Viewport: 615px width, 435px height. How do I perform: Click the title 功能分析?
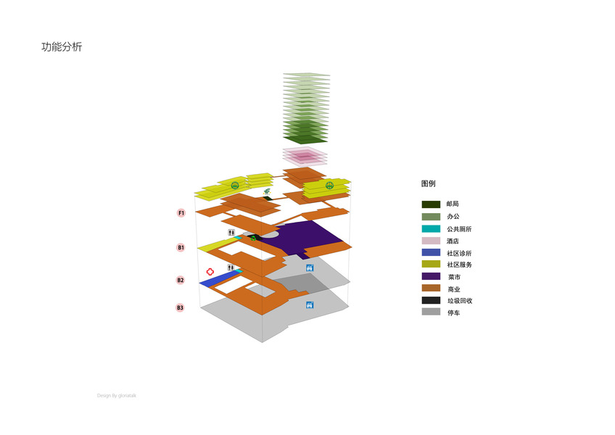(x=62, y=47)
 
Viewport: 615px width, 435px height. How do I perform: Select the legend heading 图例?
(x=429, y=183)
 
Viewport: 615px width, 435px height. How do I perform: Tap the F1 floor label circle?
(x=181, y=213)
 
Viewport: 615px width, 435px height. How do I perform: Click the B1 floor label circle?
(x=181, y=247)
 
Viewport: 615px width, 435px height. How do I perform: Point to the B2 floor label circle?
(x=180, y=280)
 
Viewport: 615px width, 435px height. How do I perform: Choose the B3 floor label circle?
(x=180, y=307)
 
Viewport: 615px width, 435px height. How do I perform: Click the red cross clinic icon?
(x=210, y=271)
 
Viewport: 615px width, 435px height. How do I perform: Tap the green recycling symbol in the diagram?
(x=253, y=238)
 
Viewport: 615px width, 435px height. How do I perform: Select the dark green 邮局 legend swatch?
(x=431, y=204)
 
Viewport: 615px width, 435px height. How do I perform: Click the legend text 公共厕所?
(x=459, y=229)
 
